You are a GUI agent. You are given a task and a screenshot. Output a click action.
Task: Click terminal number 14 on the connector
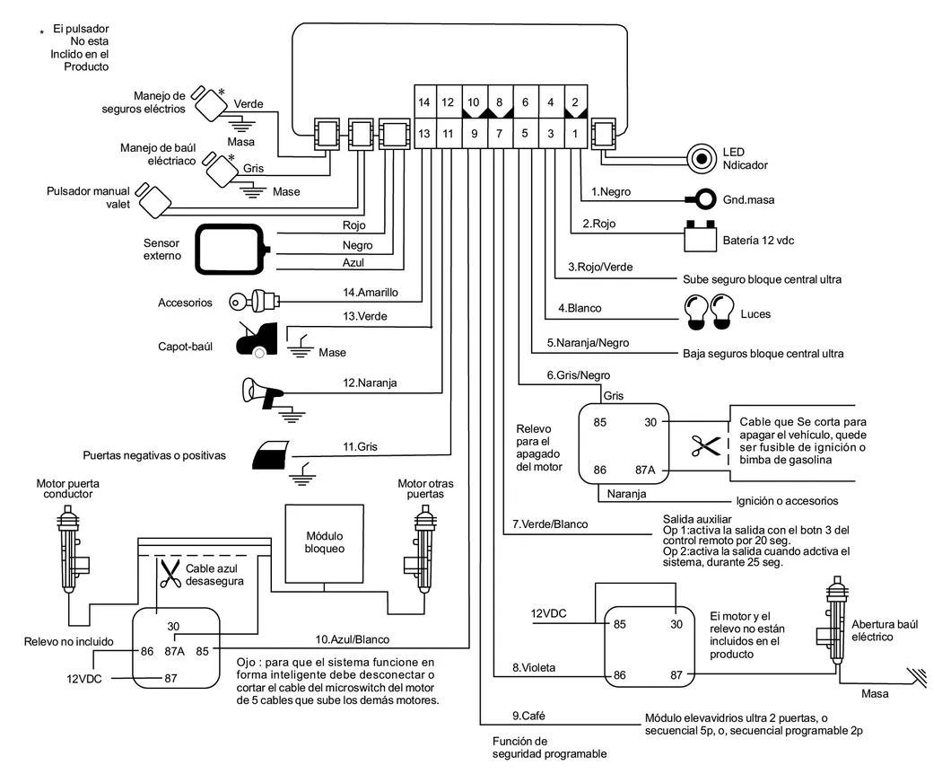coord(424,102)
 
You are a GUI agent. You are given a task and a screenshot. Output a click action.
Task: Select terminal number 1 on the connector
coord(575,133)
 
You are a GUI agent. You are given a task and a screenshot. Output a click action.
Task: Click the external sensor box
coord(232,247)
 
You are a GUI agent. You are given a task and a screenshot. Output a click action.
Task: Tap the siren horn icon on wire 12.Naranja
coord(263,391)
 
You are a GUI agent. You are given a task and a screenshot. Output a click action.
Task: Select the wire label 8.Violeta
coord(533,667)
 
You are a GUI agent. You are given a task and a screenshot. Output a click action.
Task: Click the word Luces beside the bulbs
coord(755,314)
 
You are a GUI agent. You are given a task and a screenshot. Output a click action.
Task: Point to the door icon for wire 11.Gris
coord(272,455)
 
